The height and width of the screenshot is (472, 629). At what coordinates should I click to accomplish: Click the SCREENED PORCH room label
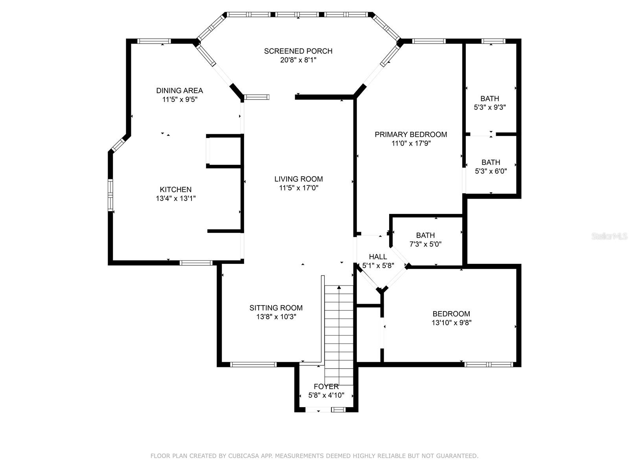pos(298,51)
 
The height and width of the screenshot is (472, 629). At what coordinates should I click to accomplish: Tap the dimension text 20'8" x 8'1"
pos(298,60)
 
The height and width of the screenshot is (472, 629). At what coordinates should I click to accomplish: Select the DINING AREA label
pos(179,90)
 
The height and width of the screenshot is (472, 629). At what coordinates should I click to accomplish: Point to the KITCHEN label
pos(176,190)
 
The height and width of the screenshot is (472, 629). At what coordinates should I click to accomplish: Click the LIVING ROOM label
pos(299,179)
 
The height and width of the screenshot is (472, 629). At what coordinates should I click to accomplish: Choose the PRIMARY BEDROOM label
pos(411,135)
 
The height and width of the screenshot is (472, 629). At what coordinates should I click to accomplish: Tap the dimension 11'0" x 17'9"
pos(411,143)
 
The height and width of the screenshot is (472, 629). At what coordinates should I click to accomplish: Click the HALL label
pos(378,257)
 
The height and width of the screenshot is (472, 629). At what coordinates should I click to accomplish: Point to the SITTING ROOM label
pos(276,308)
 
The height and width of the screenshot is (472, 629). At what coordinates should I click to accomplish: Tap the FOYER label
pos(326,387)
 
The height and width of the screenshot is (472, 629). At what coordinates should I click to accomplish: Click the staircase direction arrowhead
pos(339,287)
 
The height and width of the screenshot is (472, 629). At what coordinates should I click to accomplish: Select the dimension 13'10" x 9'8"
pos(451,323)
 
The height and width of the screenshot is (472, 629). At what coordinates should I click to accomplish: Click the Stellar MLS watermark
pos(609,236)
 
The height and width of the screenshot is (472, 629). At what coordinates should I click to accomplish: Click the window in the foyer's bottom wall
pos(338,410)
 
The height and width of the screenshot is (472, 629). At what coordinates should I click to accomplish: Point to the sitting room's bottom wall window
pos(253,365)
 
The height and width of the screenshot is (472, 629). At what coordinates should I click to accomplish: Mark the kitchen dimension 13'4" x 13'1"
pos(176,198)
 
